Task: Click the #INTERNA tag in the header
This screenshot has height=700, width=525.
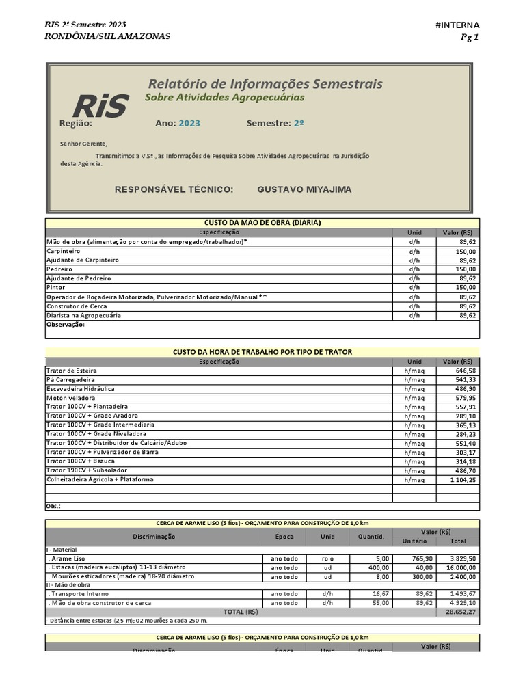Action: tap(457, 25)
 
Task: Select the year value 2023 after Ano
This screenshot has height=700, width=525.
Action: tap(189, 124)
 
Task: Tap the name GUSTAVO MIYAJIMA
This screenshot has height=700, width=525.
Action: tap(304, 189)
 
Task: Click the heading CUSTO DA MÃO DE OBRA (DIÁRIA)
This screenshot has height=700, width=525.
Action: tap(262, 223)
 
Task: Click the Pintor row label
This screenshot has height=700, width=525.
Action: tap(55, 288)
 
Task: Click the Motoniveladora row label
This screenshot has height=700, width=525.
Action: tap(70, 398)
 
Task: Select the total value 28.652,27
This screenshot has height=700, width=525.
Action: tap(460, 612)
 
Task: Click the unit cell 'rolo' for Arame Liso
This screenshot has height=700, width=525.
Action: tap(327, 558)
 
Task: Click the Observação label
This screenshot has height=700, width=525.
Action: tap(65, 325)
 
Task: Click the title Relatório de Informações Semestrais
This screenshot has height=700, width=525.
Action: tap(265, 84)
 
